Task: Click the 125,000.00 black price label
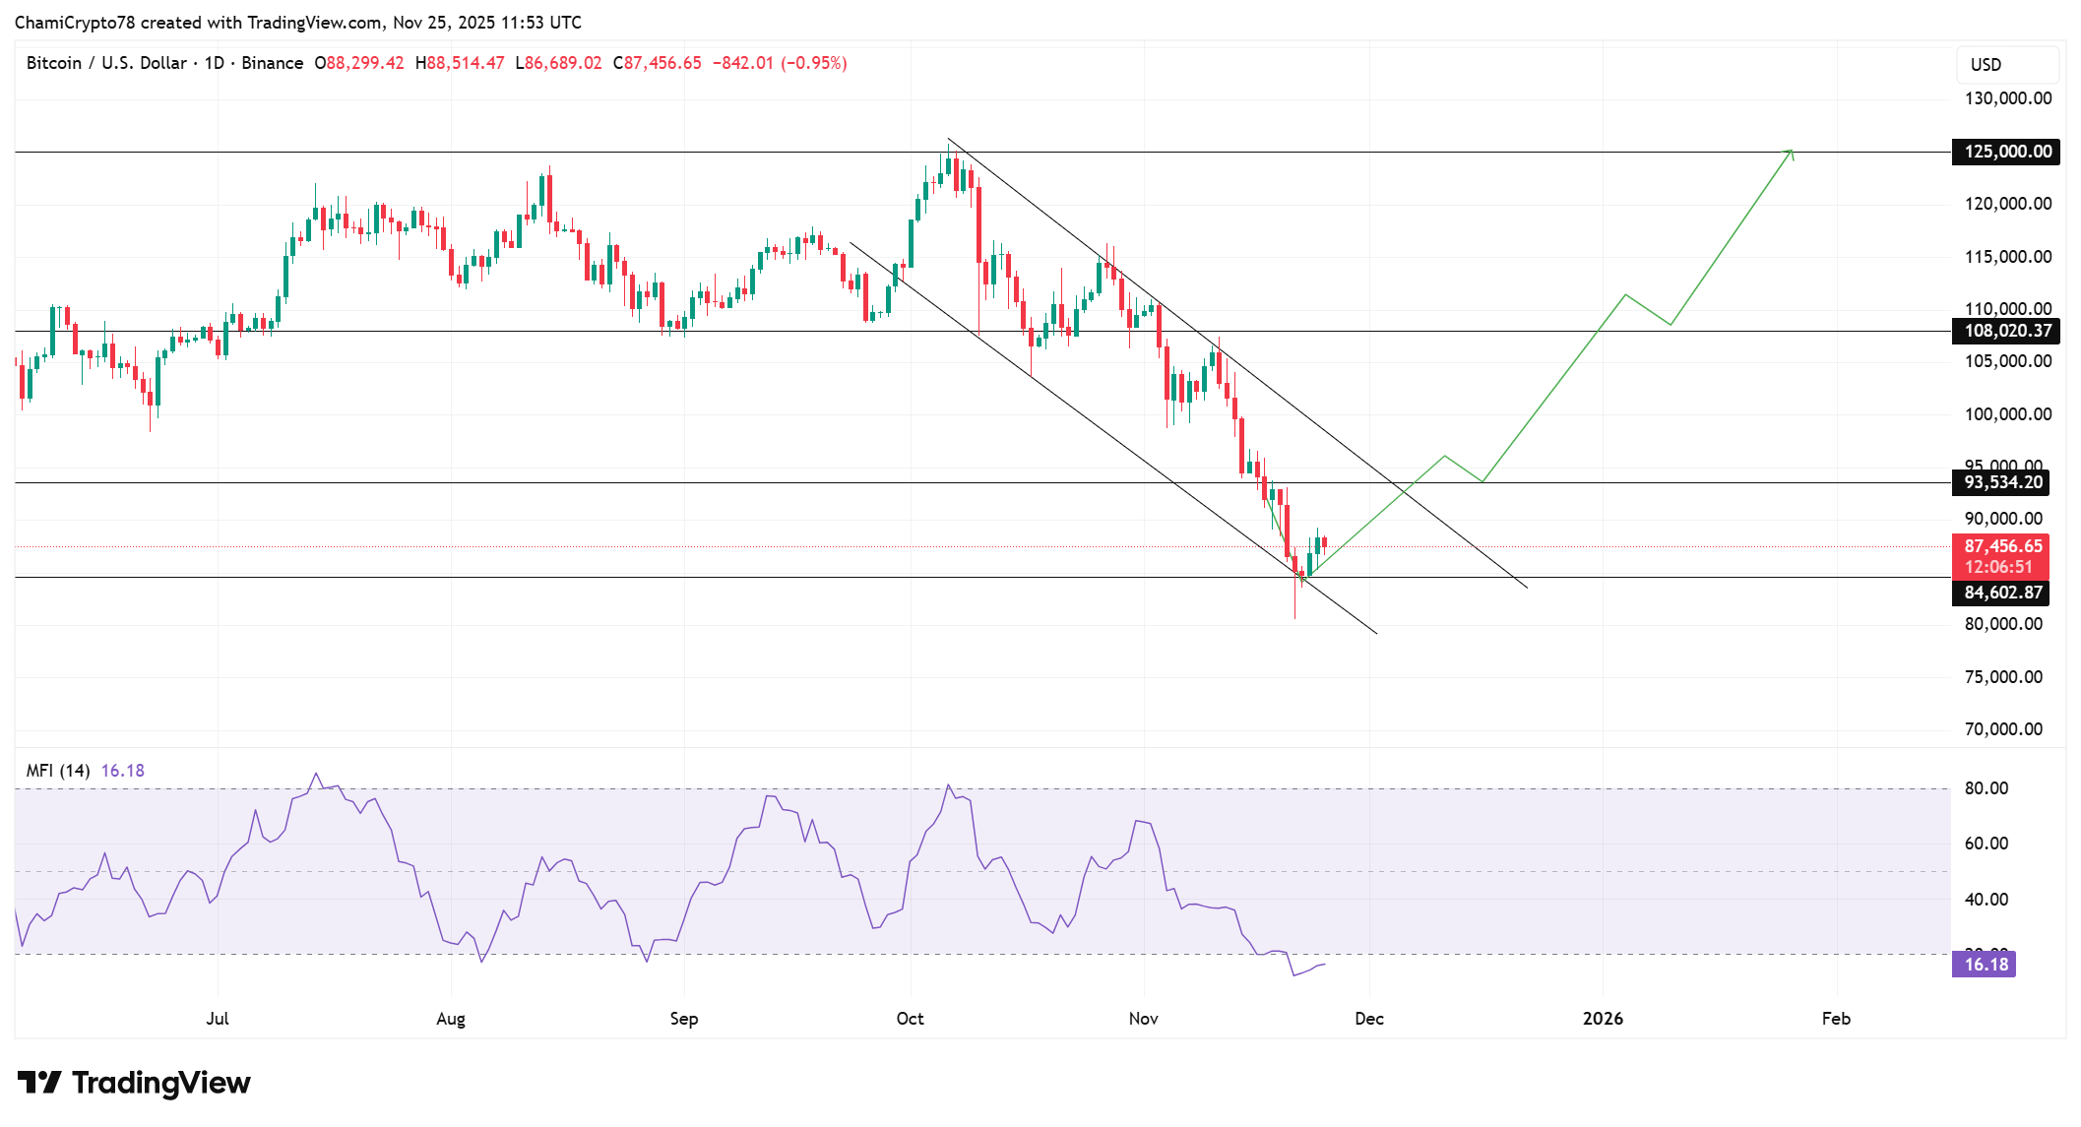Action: point(2006,152)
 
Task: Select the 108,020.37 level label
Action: point(2006,331)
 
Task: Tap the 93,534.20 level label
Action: point(2002,482)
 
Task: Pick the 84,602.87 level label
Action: point(2002,593)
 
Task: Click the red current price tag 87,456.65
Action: point(2002,546)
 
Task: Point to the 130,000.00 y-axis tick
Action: point(2007,98)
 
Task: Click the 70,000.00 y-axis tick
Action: point(2003,729)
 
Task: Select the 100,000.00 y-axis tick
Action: point(2007,414)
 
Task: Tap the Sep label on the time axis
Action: point(683,1019)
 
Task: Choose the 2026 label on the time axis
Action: point(1603,1019)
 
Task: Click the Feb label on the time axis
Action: point(1836,1019)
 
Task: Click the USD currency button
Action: point(1986,65)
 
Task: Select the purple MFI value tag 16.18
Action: point(1985,965)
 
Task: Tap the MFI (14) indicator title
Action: point(58,771)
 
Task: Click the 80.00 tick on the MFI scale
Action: point(1986,788)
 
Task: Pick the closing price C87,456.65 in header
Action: point(657,63)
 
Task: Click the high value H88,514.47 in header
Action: point(460,63)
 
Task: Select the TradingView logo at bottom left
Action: point(134,1083)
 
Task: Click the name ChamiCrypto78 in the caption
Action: point(74,23)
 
